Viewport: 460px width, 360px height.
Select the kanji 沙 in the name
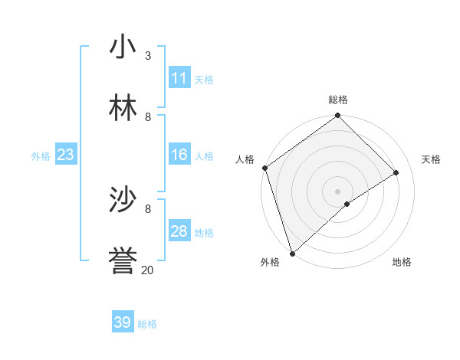123,200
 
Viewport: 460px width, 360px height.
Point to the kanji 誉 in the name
123,260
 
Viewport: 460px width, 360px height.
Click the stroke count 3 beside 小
148,56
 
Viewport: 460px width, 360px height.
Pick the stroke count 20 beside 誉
148,270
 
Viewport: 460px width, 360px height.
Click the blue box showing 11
179,78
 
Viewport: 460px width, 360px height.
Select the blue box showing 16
179,155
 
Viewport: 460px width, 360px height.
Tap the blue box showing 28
179,231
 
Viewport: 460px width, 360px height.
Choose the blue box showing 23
65,155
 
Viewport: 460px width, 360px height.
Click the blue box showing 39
122,322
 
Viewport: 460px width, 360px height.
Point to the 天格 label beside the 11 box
204,80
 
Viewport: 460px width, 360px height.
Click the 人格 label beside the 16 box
204,156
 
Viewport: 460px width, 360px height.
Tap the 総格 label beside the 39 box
147,324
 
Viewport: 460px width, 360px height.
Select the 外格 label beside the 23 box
41,156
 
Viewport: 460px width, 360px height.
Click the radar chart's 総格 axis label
338,100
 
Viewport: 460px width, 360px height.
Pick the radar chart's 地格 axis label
402,263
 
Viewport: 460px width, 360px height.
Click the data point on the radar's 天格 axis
396,172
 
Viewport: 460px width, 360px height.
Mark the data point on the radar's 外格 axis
292,253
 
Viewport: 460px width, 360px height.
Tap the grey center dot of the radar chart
338,191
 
